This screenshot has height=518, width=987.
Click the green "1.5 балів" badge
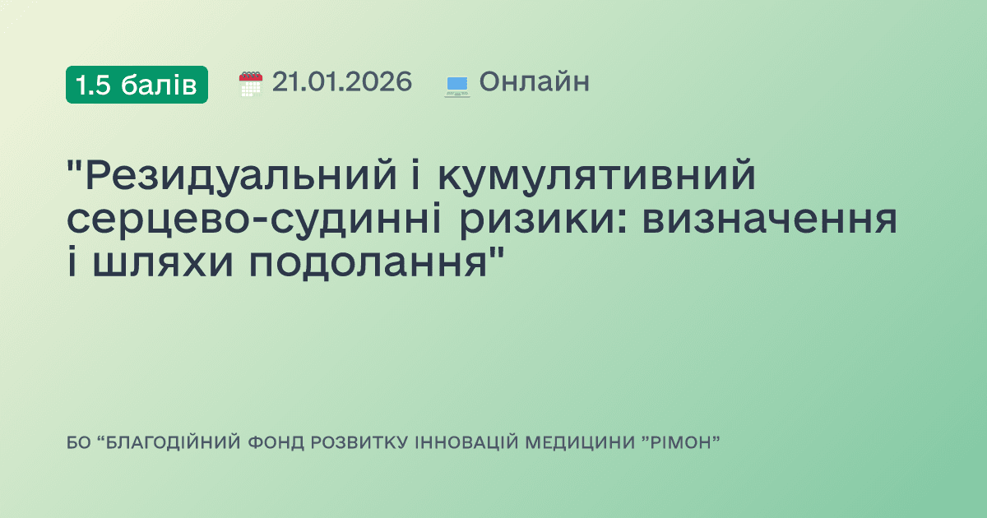pos(137,84)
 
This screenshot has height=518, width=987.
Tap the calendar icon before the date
pos(251,84)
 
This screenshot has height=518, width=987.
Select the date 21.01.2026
pos(342,82)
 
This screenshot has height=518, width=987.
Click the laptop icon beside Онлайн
pos(456,85)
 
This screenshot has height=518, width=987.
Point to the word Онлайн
pos(534,82)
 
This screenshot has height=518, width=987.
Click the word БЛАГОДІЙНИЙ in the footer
pos(172,443)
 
